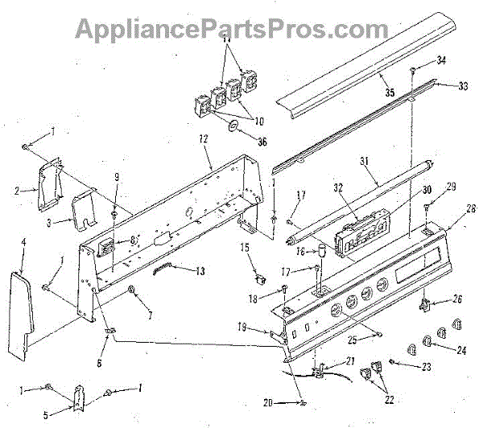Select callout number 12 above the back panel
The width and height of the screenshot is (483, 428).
click(203, 140)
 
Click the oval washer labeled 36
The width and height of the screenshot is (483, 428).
click(232, 126)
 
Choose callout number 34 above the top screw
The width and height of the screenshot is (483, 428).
click(441, 60)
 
